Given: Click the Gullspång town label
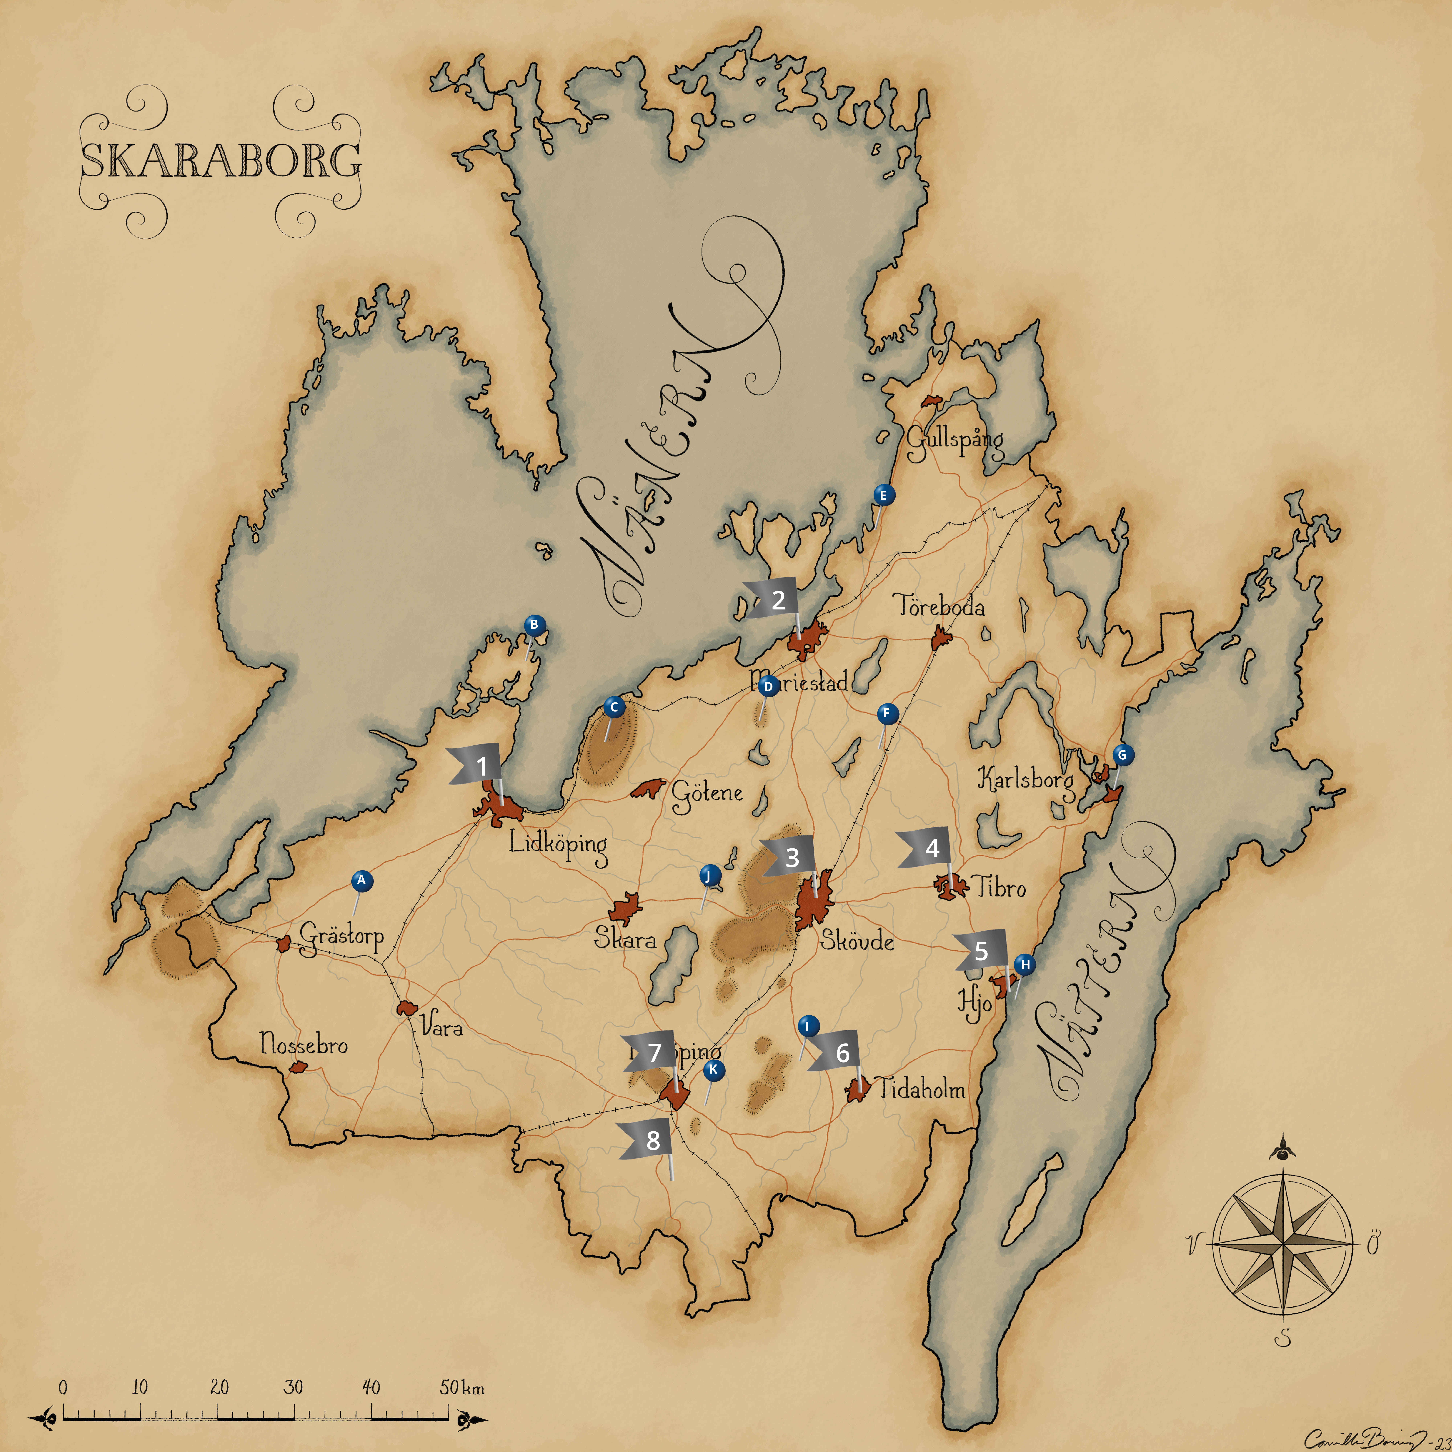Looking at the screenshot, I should pos(955,440).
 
